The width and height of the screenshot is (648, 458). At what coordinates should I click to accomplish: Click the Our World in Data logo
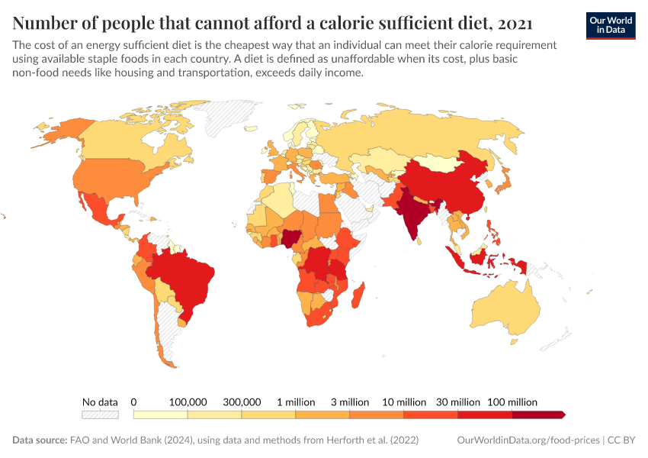click(x=611, y=24)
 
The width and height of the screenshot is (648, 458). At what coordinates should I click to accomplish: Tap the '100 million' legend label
click(x=512, y=402)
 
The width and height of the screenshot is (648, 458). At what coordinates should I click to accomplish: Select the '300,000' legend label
click(x=242, y=402)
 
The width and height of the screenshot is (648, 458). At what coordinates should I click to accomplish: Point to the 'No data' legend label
click(x=100, y=402)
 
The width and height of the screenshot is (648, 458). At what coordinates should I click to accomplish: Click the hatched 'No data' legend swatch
click(x=100, y=414)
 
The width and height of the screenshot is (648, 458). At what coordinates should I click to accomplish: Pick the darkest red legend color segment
click(x=538, y=414)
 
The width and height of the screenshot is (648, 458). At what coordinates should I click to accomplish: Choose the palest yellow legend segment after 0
click(x=160, y=414)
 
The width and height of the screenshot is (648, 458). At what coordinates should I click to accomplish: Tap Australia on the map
click(x=507, y=309)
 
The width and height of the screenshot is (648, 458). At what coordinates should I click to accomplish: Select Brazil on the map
click(x=183, y=279)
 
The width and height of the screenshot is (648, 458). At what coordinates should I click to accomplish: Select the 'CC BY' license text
click(x=621, y=440)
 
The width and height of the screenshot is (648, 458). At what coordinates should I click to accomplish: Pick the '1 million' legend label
click(x=295, y=402)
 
